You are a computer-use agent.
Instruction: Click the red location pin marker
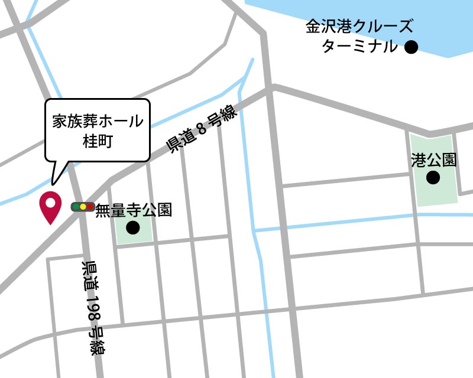tap(50, 207)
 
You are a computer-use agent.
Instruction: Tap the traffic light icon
tap(83, 207)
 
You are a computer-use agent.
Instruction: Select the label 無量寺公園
tap(134, 210)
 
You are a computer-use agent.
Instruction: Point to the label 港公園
tap(434, 160)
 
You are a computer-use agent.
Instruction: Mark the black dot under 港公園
tap(433, 177)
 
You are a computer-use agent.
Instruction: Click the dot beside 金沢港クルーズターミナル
tap(411, 47)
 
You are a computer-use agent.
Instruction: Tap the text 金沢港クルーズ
tap(359, 27)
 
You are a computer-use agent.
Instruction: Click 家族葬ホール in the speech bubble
tap(98, 121)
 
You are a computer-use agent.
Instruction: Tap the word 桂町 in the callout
tap(98, 141)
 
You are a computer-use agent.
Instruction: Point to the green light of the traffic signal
tap(76, 207)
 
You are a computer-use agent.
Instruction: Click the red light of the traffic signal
tap(90, 207)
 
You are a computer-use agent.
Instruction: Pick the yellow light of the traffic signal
tap(83, 207)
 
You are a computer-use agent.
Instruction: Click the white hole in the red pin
tap(50, 203)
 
